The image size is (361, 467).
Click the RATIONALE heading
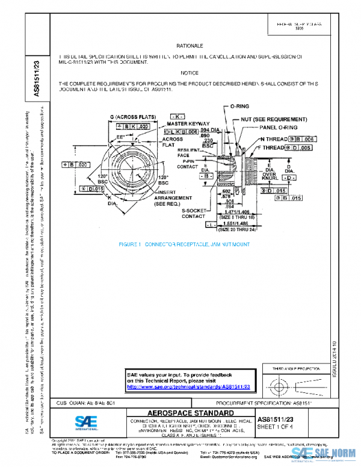pos(190,46)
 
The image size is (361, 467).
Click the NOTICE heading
pos(190,73)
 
